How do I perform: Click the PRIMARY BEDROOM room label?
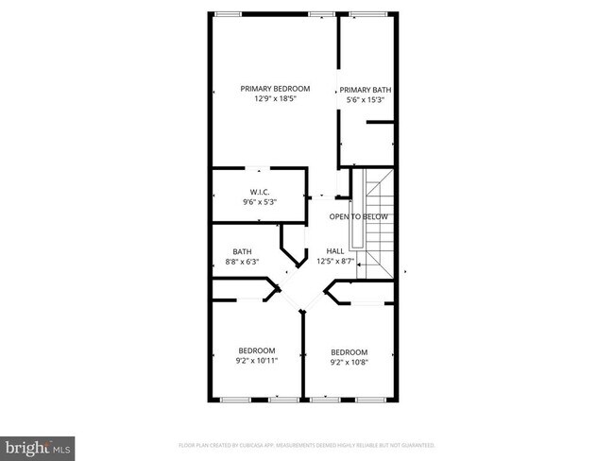pos(275,89)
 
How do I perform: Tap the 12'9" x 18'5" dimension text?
pos(275,98)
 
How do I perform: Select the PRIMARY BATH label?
pos(366,90)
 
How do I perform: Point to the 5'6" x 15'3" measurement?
pos(366,99)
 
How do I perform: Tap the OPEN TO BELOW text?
pos(358,216)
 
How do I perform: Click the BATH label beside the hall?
pos(243,251)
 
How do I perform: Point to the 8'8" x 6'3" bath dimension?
pos(243,261)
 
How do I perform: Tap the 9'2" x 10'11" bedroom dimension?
pos(257,361)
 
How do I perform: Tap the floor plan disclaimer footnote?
pos(306,444)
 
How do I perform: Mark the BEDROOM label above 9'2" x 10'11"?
pos(257,350)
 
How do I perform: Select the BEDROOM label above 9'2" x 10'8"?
pos(349,352)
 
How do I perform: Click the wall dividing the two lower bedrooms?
pos(303,354)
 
